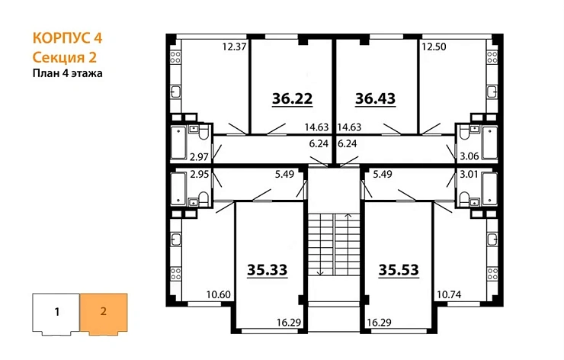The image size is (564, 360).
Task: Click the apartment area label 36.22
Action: coord(293,98)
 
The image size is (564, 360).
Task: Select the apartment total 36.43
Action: coord(377,98)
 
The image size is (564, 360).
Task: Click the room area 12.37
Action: coord(234,47)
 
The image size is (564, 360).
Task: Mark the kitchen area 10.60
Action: coord(219,292)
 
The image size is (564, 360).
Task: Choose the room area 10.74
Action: coord(448,292)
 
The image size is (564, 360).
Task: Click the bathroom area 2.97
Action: coord(199,157)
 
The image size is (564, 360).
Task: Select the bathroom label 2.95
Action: coord(199,174)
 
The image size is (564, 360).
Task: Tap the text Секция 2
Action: coord(64,56)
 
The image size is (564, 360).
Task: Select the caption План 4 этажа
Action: coord(67,73)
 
